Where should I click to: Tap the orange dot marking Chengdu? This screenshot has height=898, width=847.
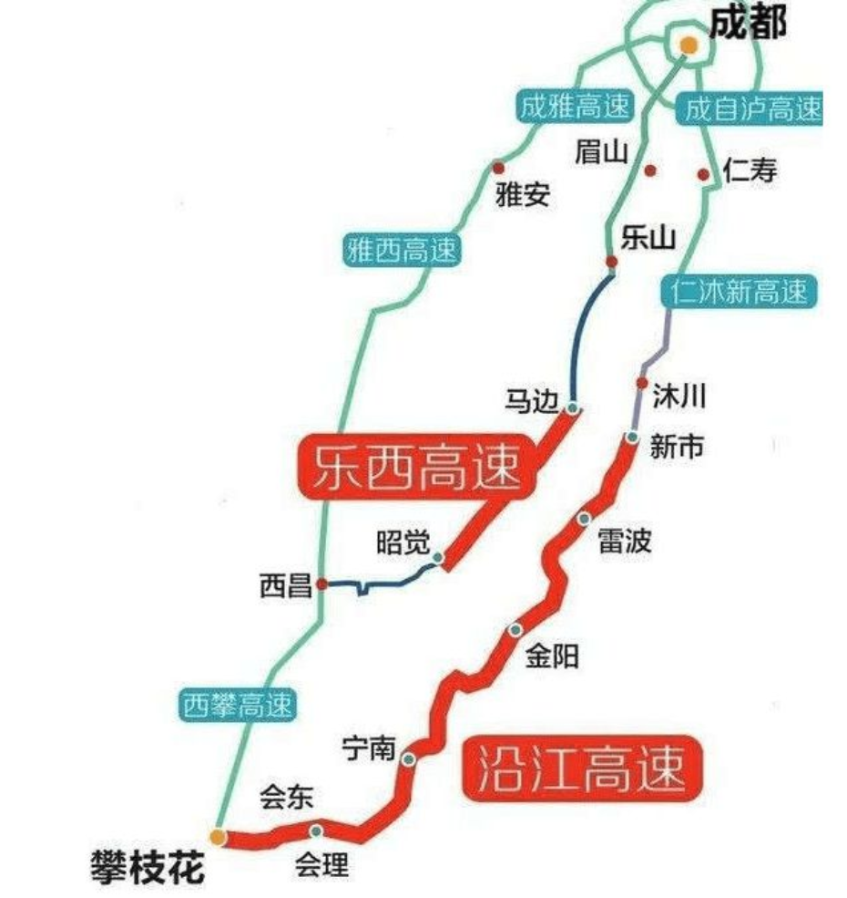(x=689, y=44)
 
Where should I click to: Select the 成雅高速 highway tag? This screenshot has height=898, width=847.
(x=574, y=107)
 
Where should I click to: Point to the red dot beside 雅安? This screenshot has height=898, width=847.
(x=498, y=169)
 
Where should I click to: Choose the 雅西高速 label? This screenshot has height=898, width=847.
(x=401, y=251)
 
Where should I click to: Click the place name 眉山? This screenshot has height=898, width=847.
(x=601, y=152)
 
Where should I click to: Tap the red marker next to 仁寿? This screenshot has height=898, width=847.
(x=703, y=174)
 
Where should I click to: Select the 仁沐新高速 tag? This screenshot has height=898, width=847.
(x=739, y=292)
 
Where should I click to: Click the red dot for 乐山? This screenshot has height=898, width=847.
(x=612, y=263)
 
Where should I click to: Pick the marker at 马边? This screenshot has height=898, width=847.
(x=573, y=408)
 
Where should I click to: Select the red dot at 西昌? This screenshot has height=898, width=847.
(x=321, y=584)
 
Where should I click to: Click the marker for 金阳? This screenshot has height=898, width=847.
(x=516, y=630)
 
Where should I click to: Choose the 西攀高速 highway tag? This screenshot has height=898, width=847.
(x=237, y=705)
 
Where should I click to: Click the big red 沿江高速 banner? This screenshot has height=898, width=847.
(x=580, y=769)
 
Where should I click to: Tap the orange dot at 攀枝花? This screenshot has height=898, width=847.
(x=217, y=835)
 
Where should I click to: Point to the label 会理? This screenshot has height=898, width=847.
(x=321, y=863)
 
